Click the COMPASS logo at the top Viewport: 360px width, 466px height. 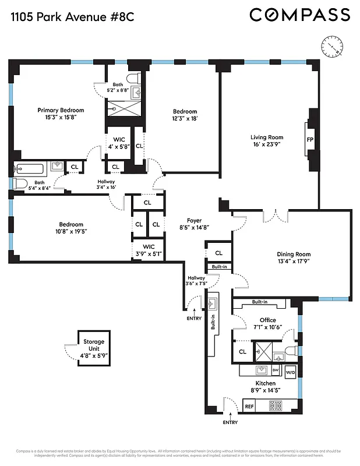[300, 15]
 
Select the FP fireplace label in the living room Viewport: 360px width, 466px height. [309, 140]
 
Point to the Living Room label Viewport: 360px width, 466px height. [267, 137]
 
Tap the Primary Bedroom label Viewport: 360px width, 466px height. [61, 110]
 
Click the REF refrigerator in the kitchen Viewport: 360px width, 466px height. [249, 407]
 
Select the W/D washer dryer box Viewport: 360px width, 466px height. [290, 372]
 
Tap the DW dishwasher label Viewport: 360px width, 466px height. [276, 370]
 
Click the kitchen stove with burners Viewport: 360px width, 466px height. [274, 406]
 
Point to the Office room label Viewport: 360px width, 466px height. [267, 320]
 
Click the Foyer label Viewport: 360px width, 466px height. [194, 221]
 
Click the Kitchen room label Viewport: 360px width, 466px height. [265, 383]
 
